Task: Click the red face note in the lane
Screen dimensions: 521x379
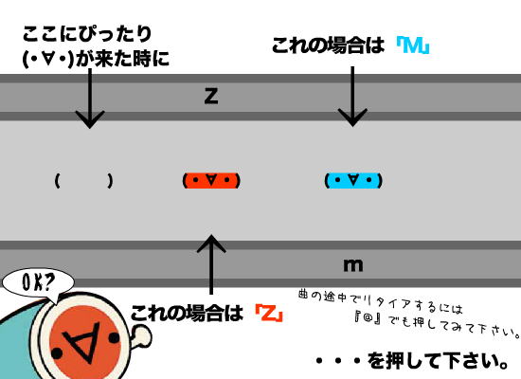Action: coord(211,181)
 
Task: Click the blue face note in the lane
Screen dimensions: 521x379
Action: coord(353,181)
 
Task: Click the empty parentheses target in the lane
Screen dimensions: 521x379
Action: coord(83,181)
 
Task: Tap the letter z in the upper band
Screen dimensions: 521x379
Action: coord(211,96)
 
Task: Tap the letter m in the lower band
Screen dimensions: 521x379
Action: coord(353,265)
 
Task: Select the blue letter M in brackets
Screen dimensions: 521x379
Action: coord(413,45)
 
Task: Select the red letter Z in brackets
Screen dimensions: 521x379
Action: coord(269,314)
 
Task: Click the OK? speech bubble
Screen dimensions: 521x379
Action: coord(38,282)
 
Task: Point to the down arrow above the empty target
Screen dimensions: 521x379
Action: coord(90,99)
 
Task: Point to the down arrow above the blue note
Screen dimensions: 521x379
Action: coord(352,97)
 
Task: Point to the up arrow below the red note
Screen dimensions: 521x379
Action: coord(211,264)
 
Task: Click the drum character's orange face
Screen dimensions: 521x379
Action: coord(85,341)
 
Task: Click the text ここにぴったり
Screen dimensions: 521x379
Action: coord(87,34)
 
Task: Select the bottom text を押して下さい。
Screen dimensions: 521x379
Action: coord(438,361)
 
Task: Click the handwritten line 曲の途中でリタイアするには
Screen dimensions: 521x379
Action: coord(381,301)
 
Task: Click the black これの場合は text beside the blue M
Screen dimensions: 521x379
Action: coord(329,45)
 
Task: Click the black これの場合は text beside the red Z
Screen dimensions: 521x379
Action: coord(187,314)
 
